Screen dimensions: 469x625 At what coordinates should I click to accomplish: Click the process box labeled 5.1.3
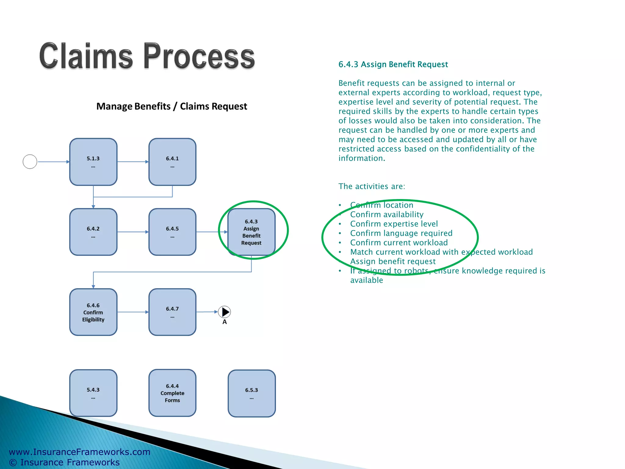click(93, 162)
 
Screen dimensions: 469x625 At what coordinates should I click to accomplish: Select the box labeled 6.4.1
click(172, 162)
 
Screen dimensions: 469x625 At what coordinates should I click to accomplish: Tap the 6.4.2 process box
click(93, 232)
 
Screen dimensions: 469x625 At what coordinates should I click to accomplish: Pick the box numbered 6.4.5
click(172, 232)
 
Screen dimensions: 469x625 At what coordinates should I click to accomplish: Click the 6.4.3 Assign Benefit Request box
click(251, 232)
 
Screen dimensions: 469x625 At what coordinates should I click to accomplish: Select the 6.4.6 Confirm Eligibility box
click(93, 312)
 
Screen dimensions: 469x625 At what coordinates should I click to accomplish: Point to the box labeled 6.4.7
click(172, 312)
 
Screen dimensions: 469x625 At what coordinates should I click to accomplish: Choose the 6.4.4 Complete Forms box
click(172, 393)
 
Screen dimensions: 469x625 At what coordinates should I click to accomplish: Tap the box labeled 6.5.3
click(251, 393)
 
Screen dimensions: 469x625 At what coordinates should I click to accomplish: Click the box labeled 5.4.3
click(93, 393)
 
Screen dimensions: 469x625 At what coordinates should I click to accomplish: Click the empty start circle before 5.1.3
click(30, 162)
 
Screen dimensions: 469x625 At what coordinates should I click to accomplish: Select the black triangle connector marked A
click(225, 312)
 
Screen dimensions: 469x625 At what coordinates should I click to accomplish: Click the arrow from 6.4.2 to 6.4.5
click(133, 232)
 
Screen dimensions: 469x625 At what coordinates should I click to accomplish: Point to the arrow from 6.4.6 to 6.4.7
click(133, 312)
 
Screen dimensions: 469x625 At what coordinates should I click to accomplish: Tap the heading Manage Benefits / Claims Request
click(172, 106)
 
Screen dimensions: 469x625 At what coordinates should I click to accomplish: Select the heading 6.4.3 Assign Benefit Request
click(393, 64)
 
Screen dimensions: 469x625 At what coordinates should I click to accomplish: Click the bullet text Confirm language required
click(401, 233)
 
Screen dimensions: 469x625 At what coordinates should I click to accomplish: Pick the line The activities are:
click(372, 186)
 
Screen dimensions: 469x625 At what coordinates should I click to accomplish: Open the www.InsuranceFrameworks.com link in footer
click(80, 452)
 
